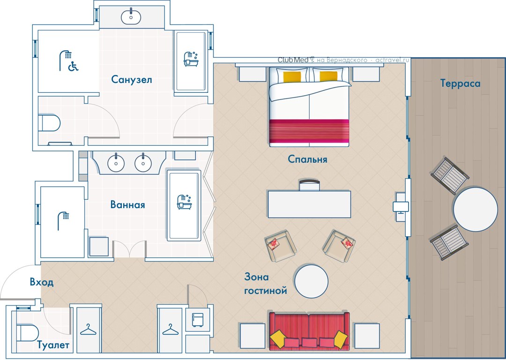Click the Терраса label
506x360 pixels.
click(460, 83)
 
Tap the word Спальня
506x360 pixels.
click(307, 159)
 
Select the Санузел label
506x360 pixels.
click(132, 79)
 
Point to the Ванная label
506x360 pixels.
click(127, 204)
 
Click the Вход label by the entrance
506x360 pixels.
click(42, 282)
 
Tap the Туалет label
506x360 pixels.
click(53, 345)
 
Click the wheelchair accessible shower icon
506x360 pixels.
click(69, 60)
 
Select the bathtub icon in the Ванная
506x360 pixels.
click(184, 202)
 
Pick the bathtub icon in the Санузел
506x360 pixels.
click(191, 59)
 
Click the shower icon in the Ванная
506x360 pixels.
click(63, 221)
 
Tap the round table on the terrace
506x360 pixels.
click(476, 209)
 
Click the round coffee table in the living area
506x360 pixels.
click(312, 281)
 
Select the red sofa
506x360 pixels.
click(309, 331)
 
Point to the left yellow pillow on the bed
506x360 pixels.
click(292, 76)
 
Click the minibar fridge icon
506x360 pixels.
click(198, 320)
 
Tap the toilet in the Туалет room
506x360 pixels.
click(27, 333)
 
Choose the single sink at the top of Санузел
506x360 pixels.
click(131, 17)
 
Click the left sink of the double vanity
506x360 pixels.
click(116, 163)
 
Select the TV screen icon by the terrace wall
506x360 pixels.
click(401, 207)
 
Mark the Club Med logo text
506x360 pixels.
click(293, 60)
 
